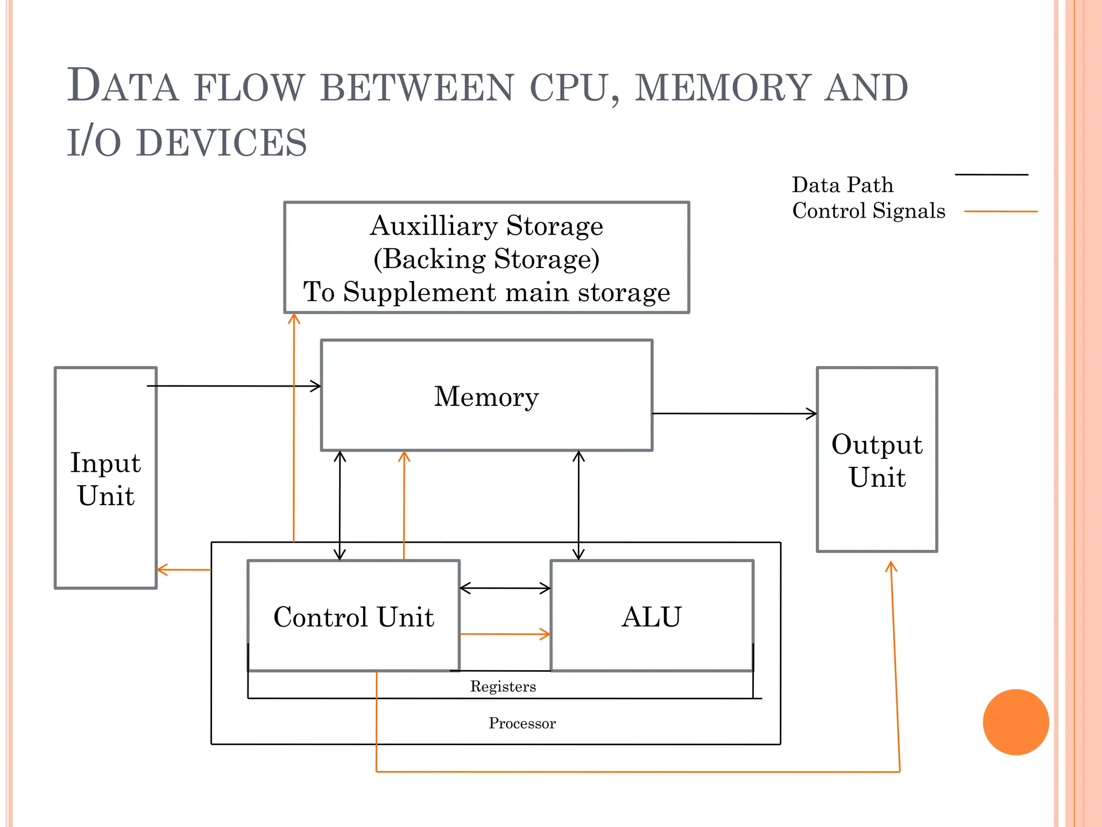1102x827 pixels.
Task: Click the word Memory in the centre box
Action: [486, 397]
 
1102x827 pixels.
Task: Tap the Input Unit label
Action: [105, 479]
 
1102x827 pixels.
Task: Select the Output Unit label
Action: [877, 460]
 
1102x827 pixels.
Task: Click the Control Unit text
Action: [354, 616]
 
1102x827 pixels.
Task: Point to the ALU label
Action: [652, 616]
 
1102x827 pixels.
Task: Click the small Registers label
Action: [503, 686]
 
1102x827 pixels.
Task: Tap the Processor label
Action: [521, 723]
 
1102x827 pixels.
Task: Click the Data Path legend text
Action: [842, 185]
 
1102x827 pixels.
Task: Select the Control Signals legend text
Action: [868, 211]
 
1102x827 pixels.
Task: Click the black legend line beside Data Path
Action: [991, 174]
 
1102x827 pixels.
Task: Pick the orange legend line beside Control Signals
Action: [1000, 212]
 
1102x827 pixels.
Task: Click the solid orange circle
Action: [1015, 722]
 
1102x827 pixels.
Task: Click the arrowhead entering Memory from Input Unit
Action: [316, 386]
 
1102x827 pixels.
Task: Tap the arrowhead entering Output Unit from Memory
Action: [811, 413]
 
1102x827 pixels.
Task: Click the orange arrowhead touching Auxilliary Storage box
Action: [294, 319]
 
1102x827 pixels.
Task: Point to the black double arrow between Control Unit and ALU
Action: [505, 588]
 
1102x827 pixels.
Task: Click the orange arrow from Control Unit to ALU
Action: [505, 634]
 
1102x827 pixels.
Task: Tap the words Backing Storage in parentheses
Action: [486, 259]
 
